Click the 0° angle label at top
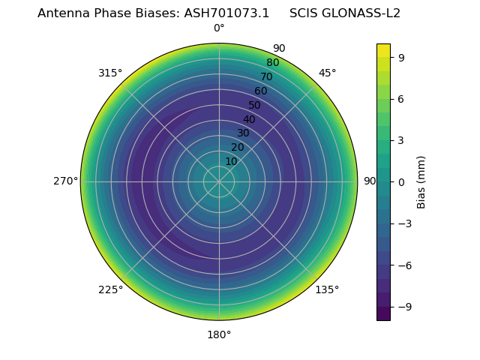tap(219, 28)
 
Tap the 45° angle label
tap(327, 73)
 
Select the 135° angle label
tap(327, 289)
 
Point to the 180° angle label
tap(219, 334)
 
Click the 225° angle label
tap(110, 289)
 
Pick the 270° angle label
tap(65, 181)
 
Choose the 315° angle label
tap(110, 73)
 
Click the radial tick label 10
tap(231, 161)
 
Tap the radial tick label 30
tap(243, 133)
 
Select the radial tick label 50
tap(255, 105)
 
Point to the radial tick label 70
tap(266, 76)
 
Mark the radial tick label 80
tap(272, 62)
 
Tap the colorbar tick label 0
tap(402, 181)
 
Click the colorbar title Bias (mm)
tap(421, 181)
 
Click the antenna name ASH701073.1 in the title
tap(226, 13)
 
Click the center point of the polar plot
tap(219, 181)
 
